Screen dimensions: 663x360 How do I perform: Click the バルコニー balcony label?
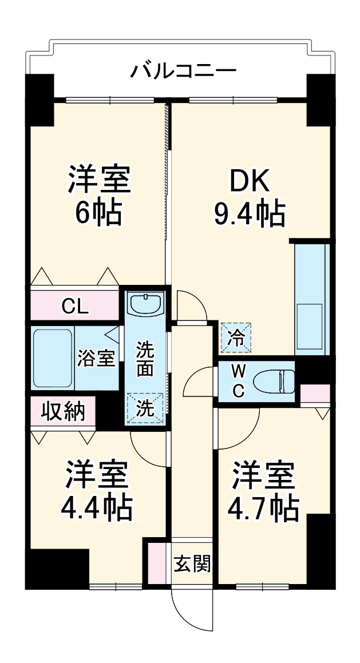pyautogui.click(x=183, y=72)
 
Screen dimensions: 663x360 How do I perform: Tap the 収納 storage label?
pyautogui.click(x=63, y=411)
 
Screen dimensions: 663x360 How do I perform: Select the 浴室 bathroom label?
pyautogui.click(x=96, y=359)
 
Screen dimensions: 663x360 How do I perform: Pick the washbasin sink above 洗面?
pyautogui.click(x=145, y=303)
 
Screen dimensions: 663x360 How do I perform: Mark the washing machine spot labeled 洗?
pyautogui.click(x=145, y=408)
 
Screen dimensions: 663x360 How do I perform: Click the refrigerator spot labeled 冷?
pyautogui.click(x=236, y=337)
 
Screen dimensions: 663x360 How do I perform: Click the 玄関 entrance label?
pyautogui.click(x=192, y=563)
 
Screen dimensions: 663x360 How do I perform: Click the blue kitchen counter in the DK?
pyautogui.click(x=312, y=297)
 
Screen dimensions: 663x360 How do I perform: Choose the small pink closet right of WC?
pyautogui.click(x=315, y=394)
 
